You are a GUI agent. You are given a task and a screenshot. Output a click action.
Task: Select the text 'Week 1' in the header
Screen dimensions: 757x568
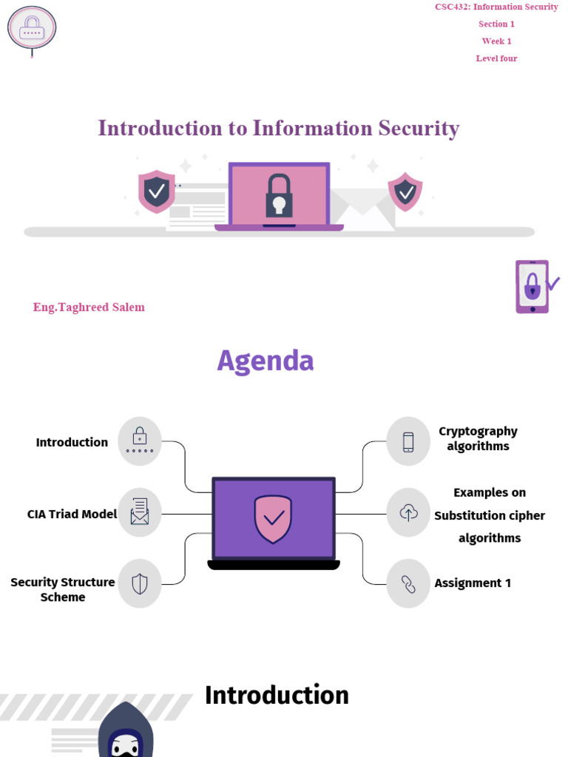coord(496,41)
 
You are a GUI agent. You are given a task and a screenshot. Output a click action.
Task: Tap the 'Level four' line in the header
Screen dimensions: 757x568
coord(496,58)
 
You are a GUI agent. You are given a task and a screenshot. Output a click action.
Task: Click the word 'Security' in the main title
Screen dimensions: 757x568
coord(419,129)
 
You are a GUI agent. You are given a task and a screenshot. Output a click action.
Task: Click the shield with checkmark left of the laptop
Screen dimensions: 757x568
coord(156,191)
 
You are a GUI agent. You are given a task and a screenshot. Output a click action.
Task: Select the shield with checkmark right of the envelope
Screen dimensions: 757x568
coord(405,191)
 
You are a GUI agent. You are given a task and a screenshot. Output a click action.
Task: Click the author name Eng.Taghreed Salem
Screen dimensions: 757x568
coord(89,308)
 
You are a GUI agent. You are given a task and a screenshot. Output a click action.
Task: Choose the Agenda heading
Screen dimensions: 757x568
coord(266,361)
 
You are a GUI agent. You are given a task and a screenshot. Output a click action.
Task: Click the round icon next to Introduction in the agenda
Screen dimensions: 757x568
coord(140,441)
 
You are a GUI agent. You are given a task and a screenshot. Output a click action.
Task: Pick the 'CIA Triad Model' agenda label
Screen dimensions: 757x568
coord(72,514)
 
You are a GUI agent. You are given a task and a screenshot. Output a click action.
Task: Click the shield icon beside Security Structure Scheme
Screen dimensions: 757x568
coord(140,583)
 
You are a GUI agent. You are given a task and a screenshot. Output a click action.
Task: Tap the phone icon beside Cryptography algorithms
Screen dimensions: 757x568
coord(408,441)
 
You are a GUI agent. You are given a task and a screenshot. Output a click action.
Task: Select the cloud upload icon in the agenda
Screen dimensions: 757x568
coord(408,512)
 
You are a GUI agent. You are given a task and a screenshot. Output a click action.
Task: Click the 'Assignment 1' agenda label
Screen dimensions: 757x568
coord(473,583)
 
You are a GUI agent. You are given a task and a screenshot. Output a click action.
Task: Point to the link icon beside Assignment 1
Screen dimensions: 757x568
coord(408,583)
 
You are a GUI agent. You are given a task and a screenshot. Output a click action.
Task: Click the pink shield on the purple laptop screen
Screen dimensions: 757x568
coord(273,519)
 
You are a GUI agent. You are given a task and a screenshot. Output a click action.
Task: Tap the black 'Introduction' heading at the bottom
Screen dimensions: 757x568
coord(277,696)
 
